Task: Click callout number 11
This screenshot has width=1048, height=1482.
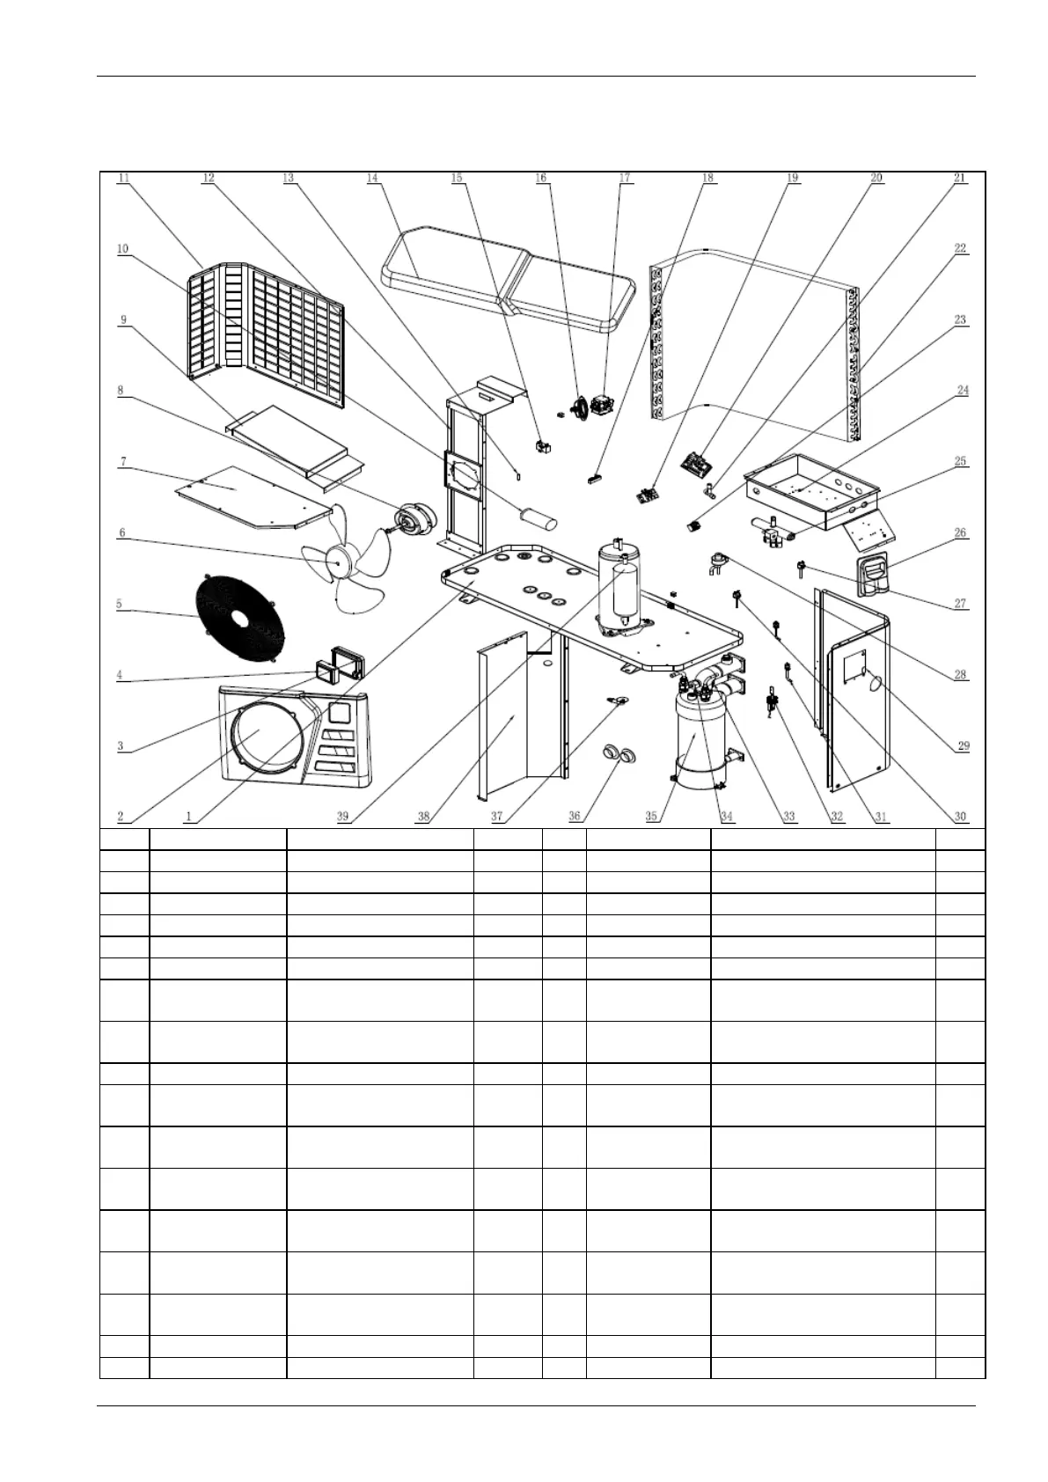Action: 124,178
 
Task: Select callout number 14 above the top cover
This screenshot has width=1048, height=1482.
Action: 373,178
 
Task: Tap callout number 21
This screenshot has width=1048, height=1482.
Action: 960,178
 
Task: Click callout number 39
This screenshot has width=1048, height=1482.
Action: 343,817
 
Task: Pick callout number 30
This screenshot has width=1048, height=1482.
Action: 961,817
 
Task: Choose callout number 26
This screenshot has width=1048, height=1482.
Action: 961,532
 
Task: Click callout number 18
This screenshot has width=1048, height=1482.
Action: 708,178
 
